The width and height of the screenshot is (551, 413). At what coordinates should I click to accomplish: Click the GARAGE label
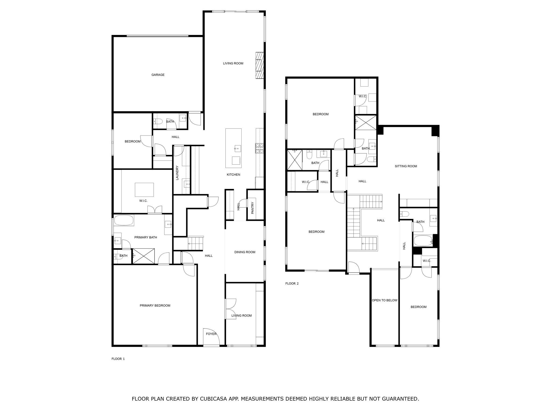tap(158, 75)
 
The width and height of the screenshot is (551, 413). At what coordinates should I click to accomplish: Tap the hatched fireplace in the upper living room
tap(259, 65)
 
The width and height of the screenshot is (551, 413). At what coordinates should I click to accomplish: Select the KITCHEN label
tap(233, 175)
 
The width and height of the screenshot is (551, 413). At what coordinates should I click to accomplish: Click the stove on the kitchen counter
tap(260, 148)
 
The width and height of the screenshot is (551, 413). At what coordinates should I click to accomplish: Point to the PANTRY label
tap(252, 208)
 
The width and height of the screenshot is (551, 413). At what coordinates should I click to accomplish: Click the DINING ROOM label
tap(245, 252)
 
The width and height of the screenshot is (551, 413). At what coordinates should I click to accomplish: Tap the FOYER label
tap(211, 334)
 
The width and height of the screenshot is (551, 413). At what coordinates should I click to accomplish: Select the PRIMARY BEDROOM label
tap(155, 305)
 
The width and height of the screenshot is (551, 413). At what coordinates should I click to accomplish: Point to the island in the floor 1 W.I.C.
tap(144, 190)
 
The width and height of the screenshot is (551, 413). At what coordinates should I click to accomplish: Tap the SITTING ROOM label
tap(406, 166)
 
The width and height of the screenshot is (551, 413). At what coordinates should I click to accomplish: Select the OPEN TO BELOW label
tap(384, 300)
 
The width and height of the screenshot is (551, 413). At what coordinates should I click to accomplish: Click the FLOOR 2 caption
tap(292, 283)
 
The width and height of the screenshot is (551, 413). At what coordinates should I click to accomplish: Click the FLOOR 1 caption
tap(118, 359)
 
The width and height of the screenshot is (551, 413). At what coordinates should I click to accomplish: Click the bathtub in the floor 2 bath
tap(423, 241)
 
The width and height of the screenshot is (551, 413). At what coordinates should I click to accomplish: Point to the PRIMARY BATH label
tap(146, 237)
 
